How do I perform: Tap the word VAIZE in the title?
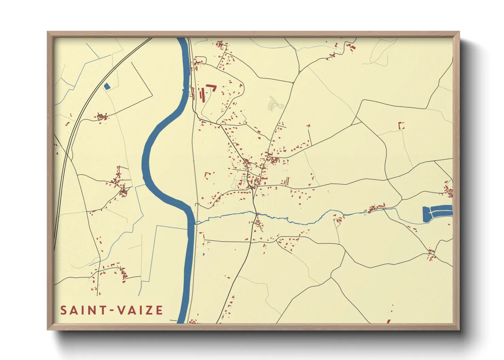coord(140,310)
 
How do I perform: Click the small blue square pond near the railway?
coord(107,86)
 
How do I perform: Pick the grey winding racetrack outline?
coord(275,104)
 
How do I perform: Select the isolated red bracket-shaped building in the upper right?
coord(401,126)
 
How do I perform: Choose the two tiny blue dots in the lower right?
coord(392,308)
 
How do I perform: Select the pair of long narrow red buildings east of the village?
coord(287,181)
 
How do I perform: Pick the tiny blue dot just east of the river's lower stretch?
coord(204,254)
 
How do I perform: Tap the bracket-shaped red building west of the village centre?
coord(207,175)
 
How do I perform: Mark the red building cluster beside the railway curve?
coord(102,117)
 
